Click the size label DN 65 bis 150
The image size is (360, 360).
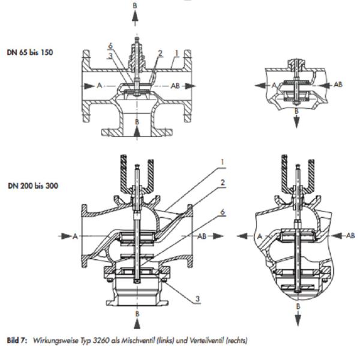(31, 52)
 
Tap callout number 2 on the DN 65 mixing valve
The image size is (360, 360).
(160, 53)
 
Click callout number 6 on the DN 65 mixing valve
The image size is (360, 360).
(111, 46)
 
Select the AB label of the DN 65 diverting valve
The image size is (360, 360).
(338, 85)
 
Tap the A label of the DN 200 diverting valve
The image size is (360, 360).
(260, 236)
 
